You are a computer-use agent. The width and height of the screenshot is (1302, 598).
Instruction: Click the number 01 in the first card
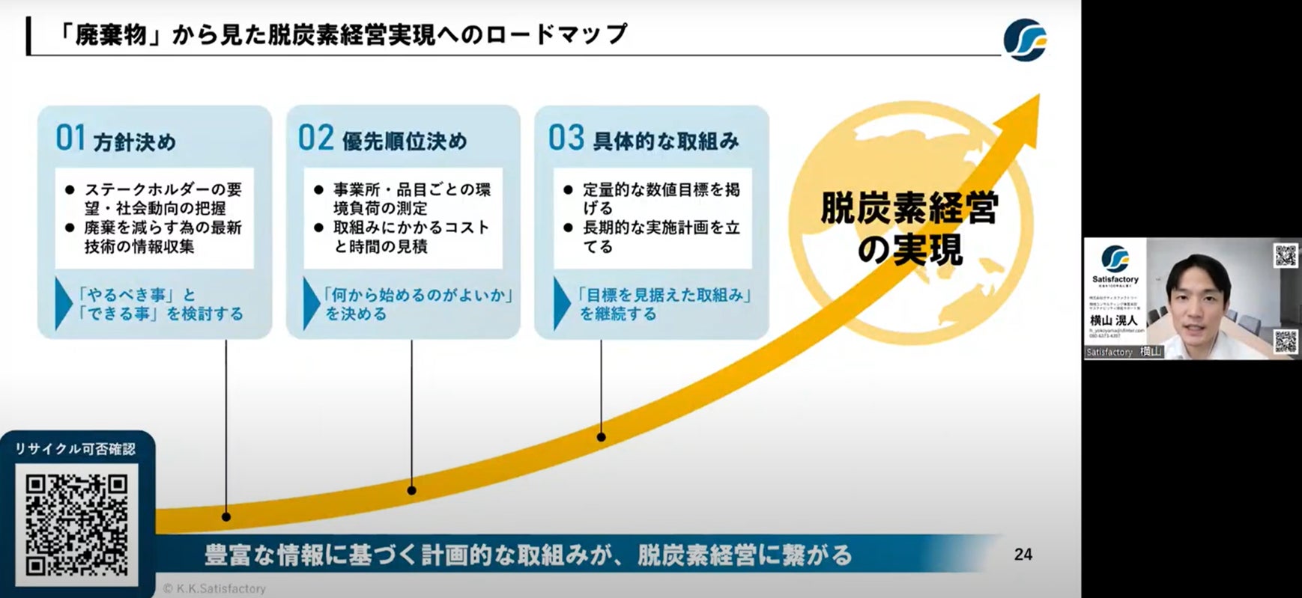pyautogui.click(x=70, y=138)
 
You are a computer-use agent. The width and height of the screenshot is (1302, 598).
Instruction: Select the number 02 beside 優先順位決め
pyautogui.click(x=315, y=138)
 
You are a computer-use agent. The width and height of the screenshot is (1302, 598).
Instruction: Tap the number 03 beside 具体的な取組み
pyautogui.click(x=566, y=138)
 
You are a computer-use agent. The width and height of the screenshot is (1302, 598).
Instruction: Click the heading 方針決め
pyautogui.click(x=135, y=142)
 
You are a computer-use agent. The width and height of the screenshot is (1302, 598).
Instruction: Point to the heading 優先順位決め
pyautogui.click(x=405, y=141)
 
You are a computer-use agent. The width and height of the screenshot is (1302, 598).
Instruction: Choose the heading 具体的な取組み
pyautogui.click(x=666, y=141)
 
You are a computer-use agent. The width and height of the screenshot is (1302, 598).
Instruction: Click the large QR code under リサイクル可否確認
pyautogui.click(x=77, y=525)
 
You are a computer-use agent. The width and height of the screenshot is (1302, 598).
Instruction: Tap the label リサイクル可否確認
pyautogui.click(x=76, y=449)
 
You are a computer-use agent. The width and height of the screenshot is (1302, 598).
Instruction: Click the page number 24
pyautogui.click(x=1023, y=555)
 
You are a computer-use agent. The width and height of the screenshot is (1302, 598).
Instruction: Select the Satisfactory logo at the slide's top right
pyautogui.click(x=1025, y=39)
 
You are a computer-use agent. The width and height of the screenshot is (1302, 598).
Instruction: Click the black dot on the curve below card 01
pyautogui.click(x=226, y=516)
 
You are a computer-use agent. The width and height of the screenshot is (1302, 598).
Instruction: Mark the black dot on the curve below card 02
pyautogui.click(x=411, y=491)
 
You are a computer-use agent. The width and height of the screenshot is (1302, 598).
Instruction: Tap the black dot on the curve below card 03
pyautogui.click(x=601, y=436)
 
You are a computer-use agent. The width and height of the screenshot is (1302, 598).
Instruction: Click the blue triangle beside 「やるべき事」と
pyautogui.click(x=63, y=304)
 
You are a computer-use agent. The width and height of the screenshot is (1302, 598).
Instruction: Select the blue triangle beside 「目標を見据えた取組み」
pyautogui.click(x=561, y=304)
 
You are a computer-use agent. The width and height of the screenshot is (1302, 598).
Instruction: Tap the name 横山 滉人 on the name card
pyautogui.click(x=1113, y=320)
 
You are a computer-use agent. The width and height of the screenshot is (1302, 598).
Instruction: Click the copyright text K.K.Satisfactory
pyautogui.click(x=215, y=589)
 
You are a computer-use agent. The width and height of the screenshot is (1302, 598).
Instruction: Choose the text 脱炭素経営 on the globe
pyautogui.click(x=909, y=209)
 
